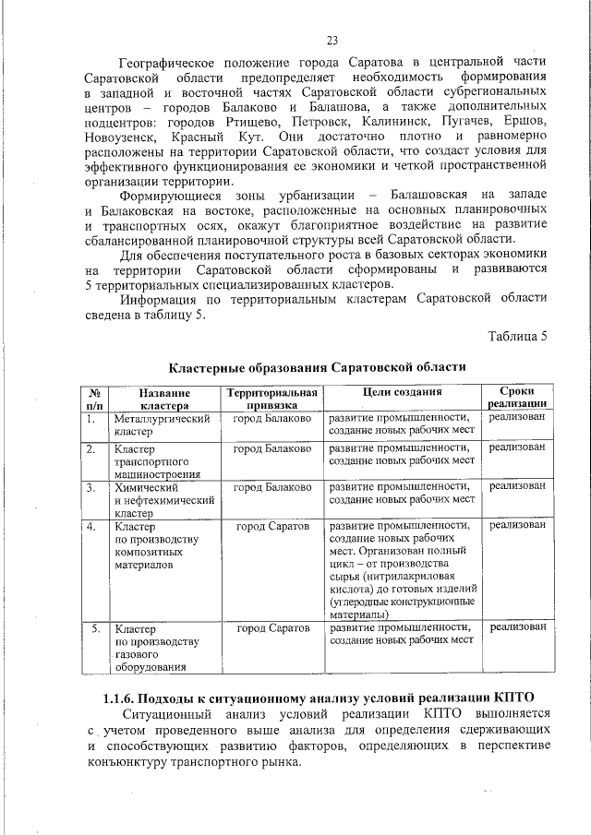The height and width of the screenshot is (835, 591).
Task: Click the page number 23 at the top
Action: pyautogui.click(x=332, y=40)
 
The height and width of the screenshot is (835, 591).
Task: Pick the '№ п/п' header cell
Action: pyautogui.click(x=93, y=399)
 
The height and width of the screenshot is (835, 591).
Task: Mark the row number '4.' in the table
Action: pyautogui.click(x=92, y=526)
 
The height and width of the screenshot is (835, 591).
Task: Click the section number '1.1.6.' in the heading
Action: pyautogui.click(x=121, y=697)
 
